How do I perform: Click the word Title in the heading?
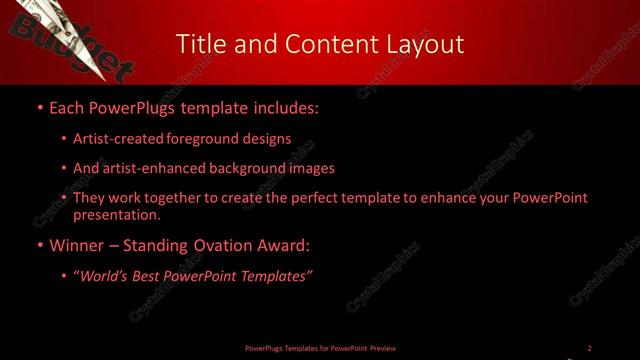[x=201, y=44]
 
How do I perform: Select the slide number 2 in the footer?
[x=589, y=348]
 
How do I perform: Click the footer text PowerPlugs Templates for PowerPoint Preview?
[x=320, y=348]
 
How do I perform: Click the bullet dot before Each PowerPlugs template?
[x=39, y=106]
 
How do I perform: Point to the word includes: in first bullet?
[x=286, y=106]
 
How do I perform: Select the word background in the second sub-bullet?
[x=247, y=169]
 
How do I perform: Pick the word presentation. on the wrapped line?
[x=116, y=214]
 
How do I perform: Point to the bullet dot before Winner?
[x=39, y=245]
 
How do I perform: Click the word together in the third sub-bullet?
[x=155, y=198]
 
